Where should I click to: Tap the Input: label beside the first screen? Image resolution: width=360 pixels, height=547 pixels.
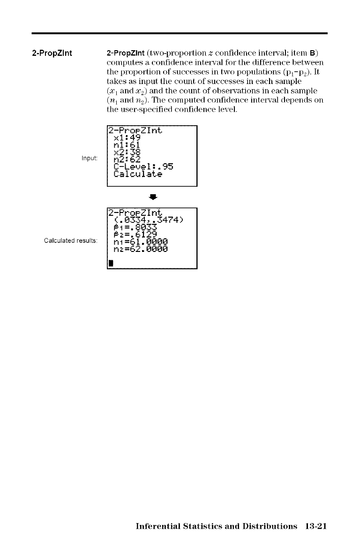click(89, 158)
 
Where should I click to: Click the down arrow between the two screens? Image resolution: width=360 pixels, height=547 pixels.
click(152, 196)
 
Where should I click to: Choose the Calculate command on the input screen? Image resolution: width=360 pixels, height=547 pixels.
click(137, 174)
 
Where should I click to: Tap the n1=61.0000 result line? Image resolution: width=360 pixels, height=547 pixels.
click(140, 242)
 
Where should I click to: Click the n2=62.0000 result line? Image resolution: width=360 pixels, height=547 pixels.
click(140, 249)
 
